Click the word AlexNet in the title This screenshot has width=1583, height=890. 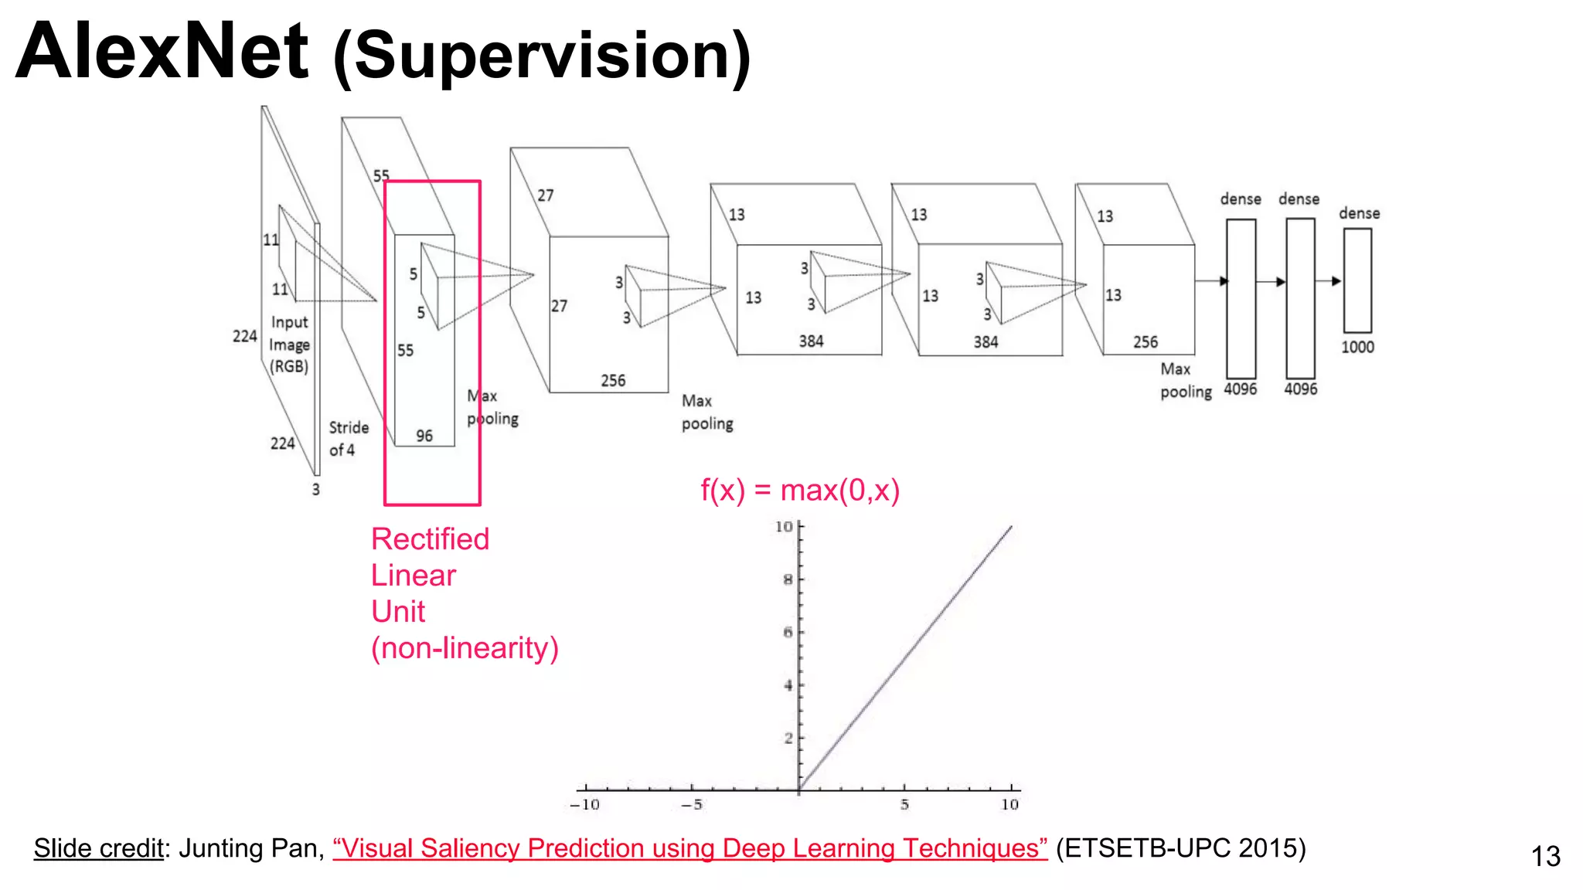(x=162, y=53)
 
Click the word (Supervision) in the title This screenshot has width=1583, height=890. (x=542, y=56)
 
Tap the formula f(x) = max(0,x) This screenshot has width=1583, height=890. (x=800, y=491)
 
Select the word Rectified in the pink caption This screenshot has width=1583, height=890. (x=430, y=539)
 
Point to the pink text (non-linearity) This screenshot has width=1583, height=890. (x=465, y=648)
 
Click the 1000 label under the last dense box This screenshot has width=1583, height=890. (x=1357, y=348)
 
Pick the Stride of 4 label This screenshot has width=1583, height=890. (x=348, y=439)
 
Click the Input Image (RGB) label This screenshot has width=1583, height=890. (x=289, y=345)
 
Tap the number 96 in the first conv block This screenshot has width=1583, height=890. (x=424, y=437)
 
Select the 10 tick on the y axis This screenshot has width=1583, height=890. (x=784, y=527)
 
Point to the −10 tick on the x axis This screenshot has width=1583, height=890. (x=584, y=805)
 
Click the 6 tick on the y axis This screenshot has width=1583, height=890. (x=788, y=633)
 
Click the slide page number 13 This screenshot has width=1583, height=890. (x=1546, y=857)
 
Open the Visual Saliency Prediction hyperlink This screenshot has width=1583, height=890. (x=689, y=848)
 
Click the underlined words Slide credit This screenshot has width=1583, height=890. (x=98, y=848)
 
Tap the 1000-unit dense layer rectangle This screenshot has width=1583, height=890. (x=1357, y=280)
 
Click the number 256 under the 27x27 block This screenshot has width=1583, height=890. (x=613, y=381)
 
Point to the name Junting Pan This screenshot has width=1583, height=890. (x=247, y=848)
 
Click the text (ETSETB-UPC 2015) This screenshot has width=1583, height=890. (x=1180, y=848)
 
